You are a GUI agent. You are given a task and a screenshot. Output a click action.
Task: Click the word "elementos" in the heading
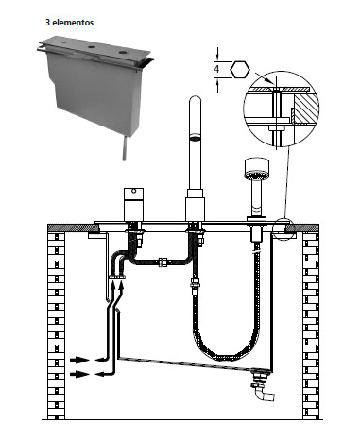[x=73, y=23]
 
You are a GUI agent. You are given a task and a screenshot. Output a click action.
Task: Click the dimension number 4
[x=216, y=69]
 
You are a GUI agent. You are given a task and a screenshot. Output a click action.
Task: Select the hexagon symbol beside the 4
[x=240, y=70]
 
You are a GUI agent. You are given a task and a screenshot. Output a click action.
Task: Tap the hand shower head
[x=257, y=169]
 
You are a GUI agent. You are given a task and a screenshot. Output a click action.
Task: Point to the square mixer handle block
[x=133, y=205]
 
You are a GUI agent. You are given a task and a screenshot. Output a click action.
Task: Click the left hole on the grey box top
[x=64, y=42]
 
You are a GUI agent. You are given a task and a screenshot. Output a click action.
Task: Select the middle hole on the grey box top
[x=92, y=47]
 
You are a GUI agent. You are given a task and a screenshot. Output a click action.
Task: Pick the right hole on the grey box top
[x=123, y=52]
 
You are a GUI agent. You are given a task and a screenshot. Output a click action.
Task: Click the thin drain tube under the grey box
[x=125, y=148]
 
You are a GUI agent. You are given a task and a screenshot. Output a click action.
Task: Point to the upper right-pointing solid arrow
[x=79, y=360]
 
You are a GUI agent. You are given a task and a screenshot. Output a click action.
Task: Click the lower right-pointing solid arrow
[x=79, y=374]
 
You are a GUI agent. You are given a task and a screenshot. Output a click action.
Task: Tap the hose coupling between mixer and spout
[x=163, y=262]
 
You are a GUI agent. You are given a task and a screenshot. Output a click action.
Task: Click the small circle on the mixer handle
[x=134, y=191]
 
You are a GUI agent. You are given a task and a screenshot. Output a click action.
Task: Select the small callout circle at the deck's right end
[x=283, y=228]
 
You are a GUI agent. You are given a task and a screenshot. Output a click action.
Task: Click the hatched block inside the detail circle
[x=304, y=109]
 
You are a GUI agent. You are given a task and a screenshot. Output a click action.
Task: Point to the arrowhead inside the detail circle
[x=270, y=82]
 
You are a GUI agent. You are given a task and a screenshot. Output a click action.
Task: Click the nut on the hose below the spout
[x=195, y=283]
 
